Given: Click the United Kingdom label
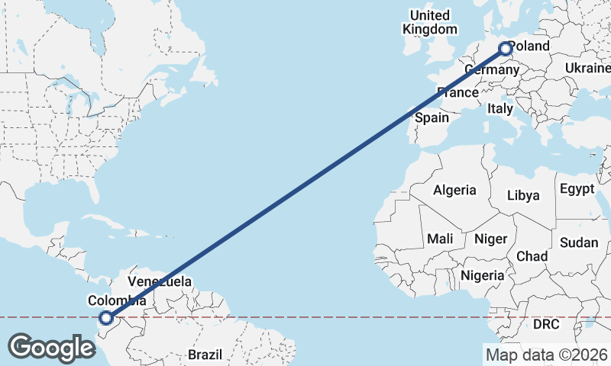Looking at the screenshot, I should tap(430, 22).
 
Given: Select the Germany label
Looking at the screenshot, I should tap(491, 70).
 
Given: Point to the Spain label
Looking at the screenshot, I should tap(432, 118).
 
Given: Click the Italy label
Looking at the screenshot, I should tap(500, 109).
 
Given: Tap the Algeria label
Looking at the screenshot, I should tap(454, 191).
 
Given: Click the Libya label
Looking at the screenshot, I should tap(523, 196).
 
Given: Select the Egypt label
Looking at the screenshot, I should tap(577, 188).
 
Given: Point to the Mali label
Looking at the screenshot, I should tap(440, 239).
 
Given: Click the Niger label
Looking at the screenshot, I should tap(490, 239).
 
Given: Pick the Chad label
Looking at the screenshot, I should tap(532, 256).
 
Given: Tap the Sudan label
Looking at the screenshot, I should tap(579, 242).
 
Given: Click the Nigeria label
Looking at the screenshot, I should tap(482, 275).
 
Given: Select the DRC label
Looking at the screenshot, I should tap(546, 325).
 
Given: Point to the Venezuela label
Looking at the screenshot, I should tap(160, 281).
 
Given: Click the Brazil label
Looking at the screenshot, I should tap(205, 355).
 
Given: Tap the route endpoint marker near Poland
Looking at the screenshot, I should tap(506, 49).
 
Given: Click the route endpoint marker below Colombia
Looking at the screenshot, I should tap(106, 319).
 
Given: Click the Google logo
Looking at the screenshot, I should tap(51, 347).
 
